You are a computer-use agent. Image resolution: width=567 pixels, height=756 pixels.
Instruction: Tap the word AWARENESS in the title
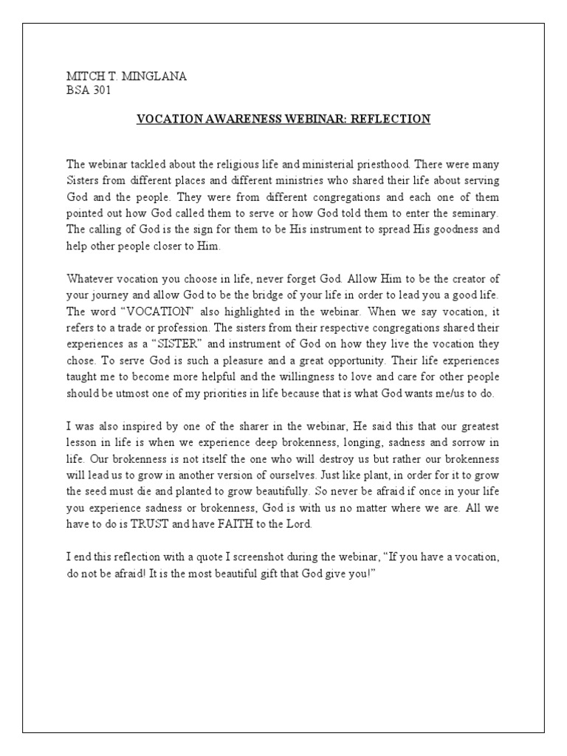239,119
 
